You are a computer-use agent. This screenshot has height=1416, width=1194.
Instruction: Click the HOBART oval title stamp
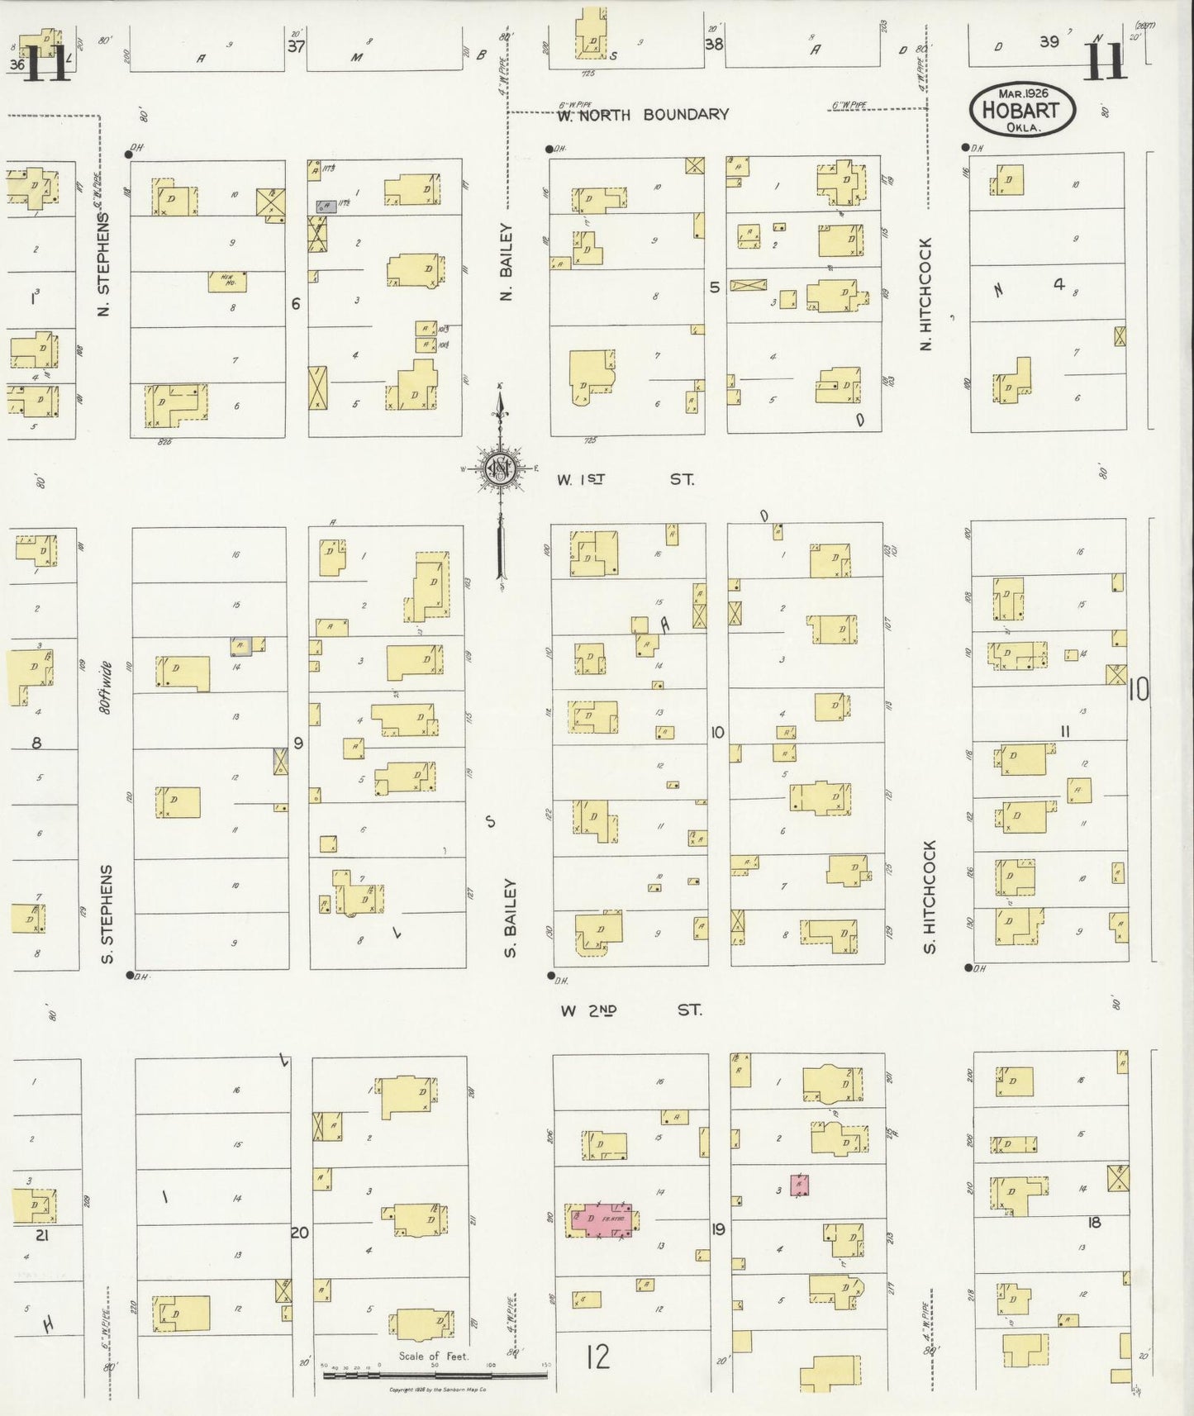1023,109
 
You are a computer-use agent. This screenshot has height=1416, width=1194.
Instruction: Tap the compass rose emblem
500,468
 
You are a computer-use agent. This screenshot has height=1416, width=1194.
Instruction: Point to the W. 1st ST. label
625,479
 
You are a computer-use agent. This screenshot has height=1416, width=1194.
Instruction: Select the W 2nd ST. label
630,1010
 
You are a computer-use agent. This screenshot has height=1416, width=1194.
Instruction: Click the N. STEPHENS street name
104,264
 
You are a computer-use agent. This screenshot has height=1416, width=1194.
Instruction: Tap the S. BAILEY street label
510,918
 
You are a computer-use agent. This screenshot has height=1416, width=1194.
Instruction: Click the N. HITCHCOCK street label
925,294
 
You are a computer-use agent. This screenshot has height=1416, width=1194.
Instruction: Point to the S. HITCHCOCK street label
930,897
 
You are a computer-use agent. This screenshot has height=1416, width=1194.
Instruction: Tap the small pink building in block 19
799,1185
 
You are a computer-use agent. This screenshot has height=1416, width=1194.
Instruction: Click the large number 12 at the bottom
597,1357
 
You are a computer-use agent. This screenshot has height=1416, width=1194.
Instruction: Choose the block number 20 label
299,1233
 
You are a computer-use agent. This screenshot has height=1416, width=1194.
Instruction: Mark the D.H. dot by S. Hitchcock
968,967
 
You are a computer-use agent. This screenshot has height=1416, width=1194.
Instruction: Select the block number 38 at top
713,45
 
